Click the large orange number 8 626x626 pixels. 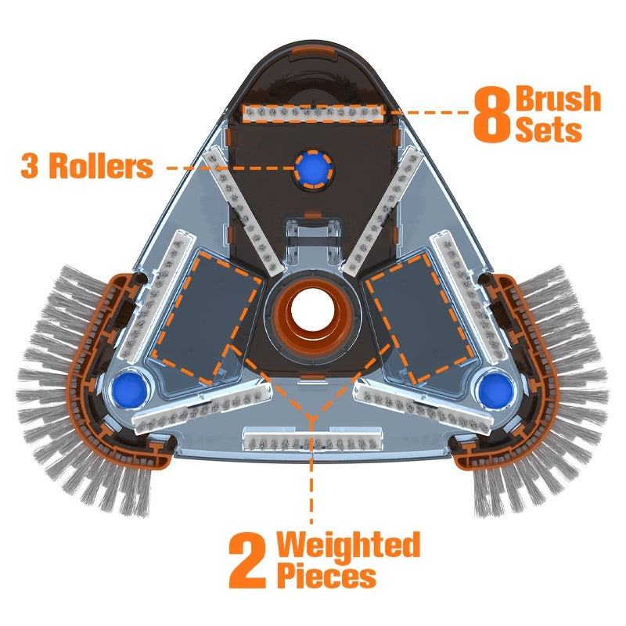pos(492,114)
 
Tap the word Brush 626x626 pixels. pos(558,99)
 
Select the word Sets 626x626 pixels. pos(549,129)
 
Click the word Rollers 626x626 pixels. pos(102,166)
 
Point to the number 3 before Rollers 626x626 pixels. pos(30,166)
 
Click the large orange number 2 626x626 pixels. pos(247,561)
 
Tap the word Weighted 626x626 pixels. pos(348,545)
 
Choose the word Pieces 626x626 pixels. pos(326,576)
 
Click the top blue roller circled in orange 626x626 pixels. pos(314,169)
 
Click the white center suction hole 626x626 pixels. pos(312,309)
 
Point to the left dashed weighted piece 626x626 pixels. pos(207,318)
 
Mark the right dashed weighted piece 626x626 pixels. pos(420,318)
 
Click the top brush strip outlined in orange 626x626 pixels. pos(314,113)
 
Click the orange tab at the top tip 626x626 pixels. pos(314,52)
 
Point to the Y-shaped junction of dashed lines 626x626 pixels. pos(311,417)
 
